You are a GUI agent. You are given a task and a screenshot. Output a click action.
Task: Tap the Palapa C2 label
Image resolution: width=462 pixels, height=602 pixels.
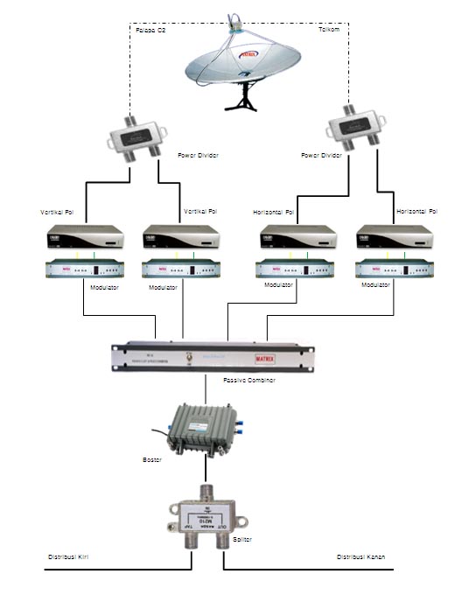click(x=150, y=31)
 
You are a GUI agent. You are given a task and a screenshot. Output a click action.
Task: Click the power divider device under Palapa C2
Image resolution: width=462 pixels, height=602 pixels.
click(x=137, y=136)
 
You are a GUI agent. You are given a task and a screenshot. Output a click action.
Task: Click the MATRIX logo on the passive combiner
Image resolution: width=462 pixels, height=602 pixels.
click(x=289, y=356)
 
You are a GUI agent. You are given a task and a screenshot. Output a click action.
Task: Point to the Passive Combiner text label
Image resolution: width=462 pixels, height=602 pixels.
click(x=249, y=381)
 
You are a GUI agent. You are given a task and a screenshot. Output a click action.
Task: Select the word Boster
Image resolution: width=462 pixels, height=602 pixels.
click(x=151, y=458)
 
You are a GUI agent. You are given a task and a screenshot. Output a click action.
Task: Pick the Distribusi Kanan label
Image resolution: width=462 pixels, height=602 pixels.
click(x=360, y=556)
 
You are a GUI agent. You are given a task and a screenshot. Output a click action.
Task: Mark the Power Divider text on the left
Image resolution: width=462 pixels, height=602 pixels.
click(x=198, y=155)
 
